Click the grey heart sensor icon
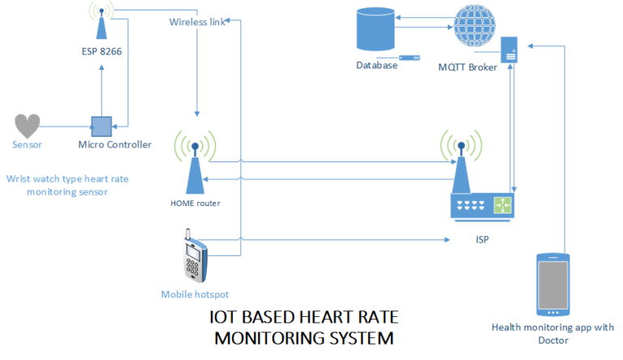click(28, 126)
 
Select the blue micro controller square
click(101, 126)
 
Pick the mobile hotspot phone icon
click(194, 258)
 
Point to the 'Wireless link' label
click(197, 22)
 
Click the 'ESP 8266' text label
click(101, 53)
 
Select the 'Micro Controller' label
click(114, 145)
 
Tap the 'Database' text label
click(377, 65)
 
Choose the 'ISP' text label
click(482, 240)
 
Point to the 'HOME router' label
click(194, 203)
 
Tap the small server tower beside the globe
click(509, 49)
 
